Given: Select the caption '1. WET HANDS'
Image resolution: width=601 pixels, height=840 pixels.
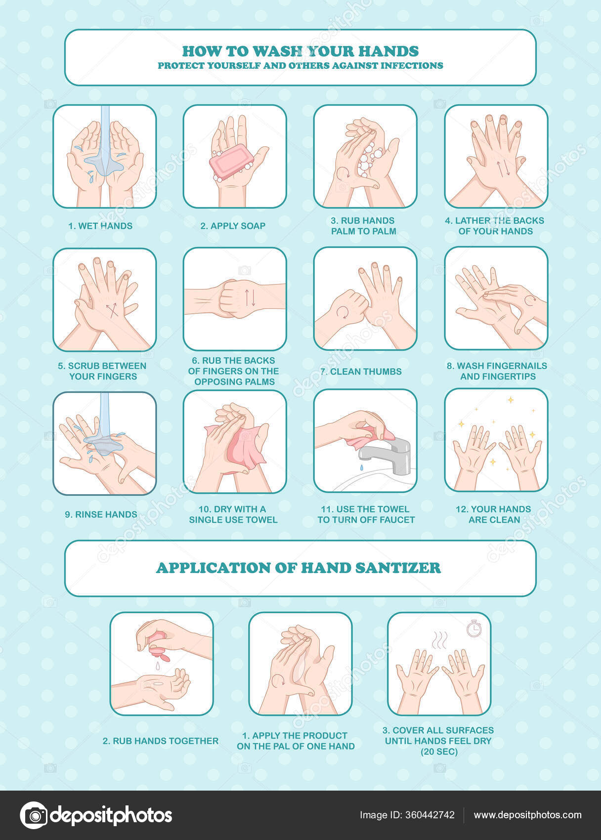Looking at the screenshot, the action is pos(100,226).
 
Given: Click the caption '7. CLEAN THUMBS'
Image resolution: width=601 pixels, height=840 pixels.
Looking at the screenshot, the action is pos(361,371).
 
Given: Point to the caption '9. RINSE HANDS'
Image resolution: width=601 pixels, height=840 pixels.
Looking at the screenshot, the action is pos(101,514).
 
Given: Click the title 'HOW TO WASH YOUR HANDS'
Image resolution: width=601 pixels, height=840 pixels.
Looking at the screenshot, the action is pos(300,51).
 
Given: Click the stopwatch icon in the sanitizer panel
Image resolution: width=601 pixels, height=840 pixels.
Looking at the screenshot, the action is pos(474,628).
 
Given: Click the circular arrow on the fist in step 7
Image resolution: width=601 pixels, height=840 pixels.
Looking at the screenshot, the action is pos(343,312).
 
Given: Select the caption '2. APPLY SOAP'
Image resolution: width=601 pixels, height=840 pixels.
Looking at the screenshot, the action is pos(233,226).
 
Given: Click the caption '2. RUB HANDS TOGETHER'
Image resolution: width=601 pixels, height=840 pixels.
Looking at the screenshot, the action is pos(161,741).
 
